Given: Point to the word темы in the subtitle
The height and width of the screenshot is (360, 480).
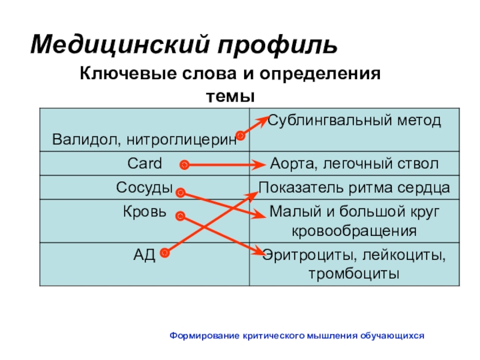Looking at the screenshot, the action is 231,96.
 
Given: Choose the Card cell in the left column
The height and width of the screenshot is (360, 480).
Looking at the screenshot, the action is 145,163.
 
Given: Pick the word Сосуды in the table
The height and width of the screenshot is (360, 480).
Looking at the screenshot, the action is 145,188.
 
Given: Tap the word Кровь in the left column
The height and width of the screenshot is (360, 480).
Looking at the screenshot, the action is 145,211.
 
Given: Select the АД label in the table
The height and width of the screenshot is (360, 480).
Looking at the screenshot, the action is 145,254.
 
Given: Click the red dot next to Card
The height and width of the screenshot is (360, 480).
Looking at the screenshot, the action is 184,164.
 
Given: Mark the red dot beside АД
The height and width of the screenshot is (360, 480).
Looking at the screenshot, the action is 165,254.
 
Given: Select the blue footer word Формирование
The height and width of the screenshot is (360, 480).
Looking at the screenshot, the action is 205,336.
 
